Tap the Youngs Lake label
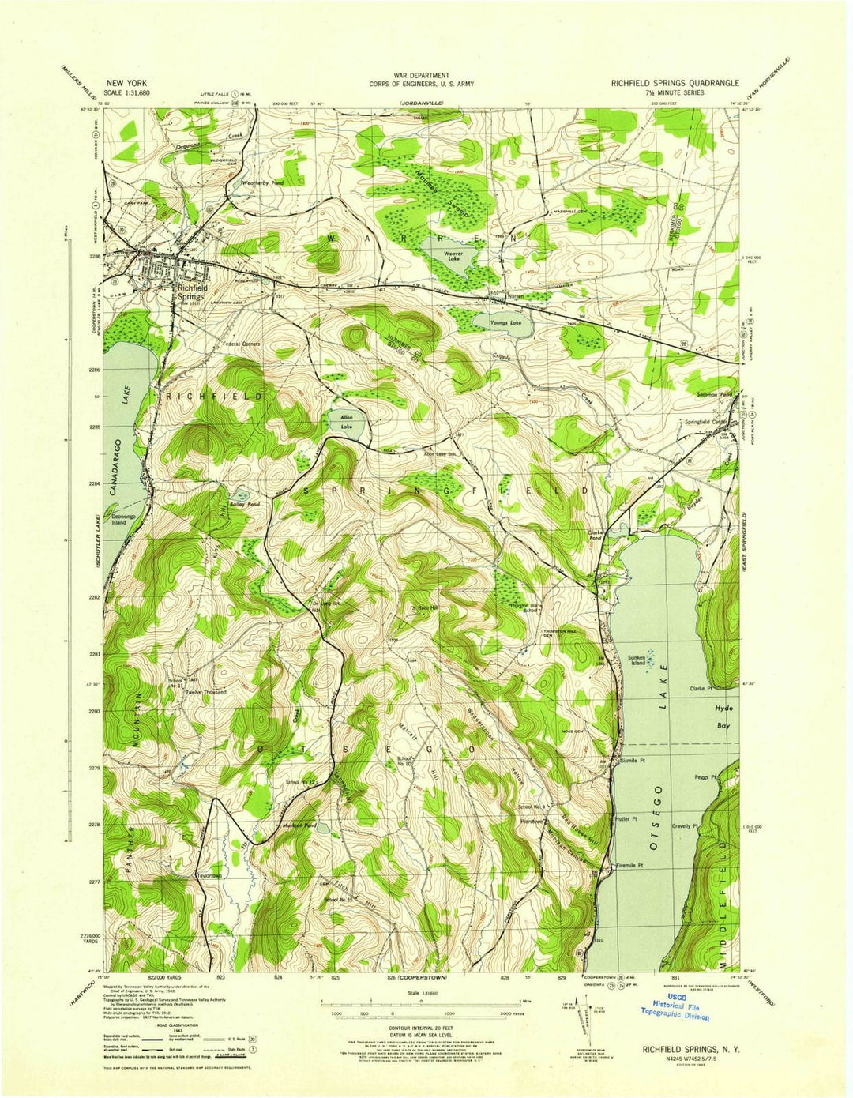[x=505, y=323]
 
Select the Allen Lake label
[x=346, y=422]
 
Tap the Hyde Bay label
[x=723, y=716]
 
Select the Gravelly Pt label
[x=686, y=826]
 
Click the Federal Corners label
[x=242, y=344]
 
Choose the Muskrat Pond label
[x=299, y=825]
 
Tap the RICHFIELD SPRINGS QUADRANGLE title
[x=675, y=83]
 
